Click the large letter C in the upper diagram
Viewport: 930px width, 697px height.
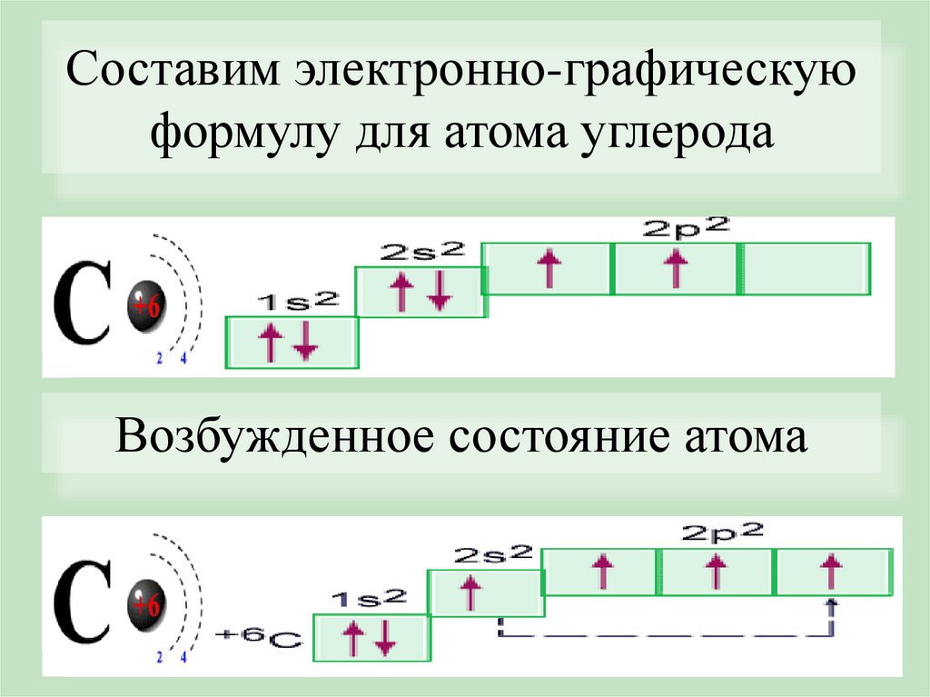84,303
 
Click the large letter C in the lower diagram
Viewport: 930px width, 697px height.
84,601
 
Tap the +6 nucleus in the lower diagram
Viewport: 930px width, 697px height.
145,602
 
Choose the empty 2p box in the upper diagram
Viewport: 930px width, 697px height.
806,269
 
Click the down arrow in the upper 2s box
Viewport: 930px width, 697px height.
440,291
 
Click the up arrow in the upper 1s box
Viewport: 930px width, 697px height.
270,344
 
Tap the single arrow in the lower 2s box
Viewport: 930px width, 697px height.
470,592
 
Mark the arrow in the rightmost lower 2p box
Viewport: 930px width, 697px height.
829,573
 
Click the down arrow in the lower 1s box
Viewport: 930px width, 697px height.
385,636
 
